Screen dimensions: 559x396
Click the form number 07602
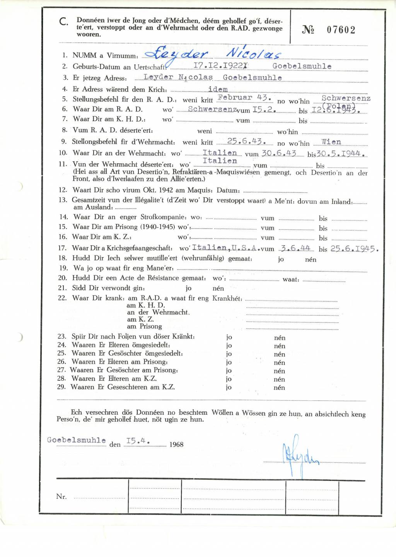tap(341, 30)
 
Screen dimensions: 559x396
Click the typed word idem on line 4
tap(218, 90)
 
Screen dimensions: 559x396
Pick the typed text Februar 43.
tap(244, 97)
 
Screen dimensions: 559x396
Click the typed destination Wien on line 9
tap(331, 142)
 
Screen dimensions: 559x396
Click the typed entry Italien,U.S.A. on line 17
tap(225, 248)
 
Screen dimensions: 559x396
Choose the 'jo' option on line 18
tap(281, 259)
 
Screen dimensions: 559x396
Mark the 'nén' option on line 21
tap(218, 288)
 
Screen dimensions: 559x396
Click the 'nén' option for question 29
tap(279, 388)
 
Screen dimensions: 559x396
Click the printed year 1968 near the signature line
tap(176, 444)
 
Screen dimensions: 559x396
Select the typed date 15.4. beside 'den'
tap(138, 441)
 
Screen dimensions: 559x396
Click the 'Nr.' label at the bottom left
tap(61, 496)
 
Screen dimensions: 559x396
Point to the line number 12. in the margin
tap(63, 190)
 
